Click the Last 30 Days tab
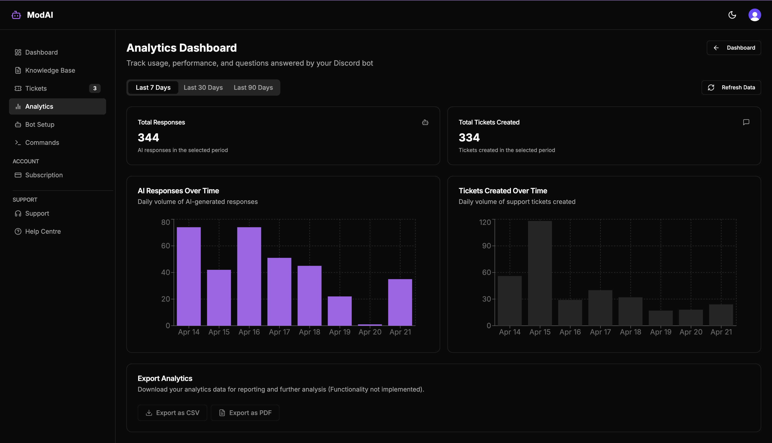pyautogui.click(x=203, y=88)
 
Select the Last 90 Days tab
pyautogui.click(x=253, y=88)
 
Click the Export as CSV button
pyautogui.click(x=172, y=413)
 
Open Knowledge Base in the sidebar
pyautogui.click(x=50, y=70)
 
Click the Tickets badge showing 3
pyautogui.click(x=95, y=88)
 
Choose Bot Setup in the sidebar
pyautogui.click(x=40, y=125)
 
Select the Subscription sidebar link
pyautogui.click(x=44, y=175)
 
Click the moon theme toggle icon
pyautogui.click(x=732, y=15)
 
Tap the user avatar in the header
pyautogui.click(x=754, y=15)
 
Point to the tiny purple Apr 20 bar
pyautogui.click(x=370, y=325)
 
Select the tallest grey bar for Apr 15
pyautogui.click(x=540, y=273)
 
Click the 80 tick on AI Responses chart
pyautogui.click(x=165, y=222)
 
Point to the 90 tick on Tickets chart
pyautogui.click(x=486, y=246)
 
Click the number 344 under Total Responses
pyautogui.click(x=148, y=138)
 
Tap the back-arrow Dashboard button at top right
pyautogui.click(x=734, y=48)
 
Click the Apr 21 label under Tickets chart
pyautogui.click(x=721, y=332)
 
